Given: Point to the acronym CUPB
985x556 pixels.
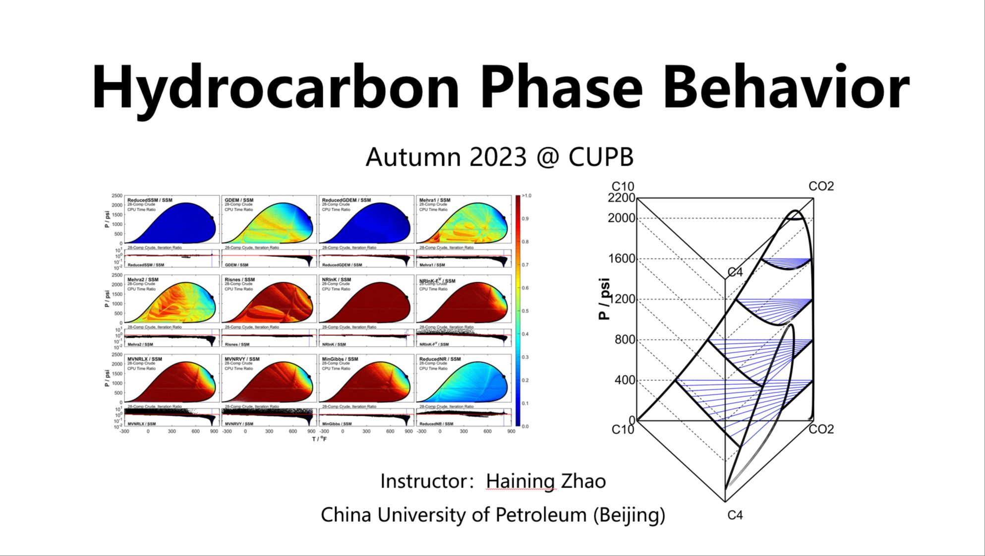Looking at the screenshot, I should tap(601, 157).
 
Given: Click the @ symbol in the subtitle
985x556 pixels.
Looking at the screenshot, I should tap(547, 158).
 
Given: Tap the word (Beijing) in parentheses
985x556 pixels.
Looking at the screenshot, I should tap(629, 515).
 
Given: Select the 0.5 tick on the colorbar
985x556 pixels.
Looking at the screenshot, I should tap(525, 311).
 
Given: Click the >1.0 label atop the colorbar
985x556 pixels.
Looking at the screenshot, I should tap(526, 196).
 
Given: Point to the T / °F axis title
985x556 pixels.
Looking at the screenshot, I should tap(319, 439).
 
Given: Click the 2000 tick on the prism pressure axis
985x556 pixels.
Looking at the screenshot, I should tap(621, 218).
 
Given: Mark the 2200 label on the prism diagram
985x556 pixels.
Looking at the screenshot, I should tap(621, 198).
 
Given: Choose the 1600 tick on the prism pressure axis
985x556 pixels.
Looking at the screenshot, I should tap(622, 259).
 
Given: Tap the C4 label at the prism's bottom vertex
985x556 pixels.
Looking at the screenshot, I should tap(735, 515).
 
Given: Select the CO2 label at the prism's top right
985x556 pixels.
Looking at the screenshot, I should tap(821, 186).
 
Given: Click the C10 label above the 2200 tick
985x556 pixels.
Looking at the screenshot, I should tap(623, 186).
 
